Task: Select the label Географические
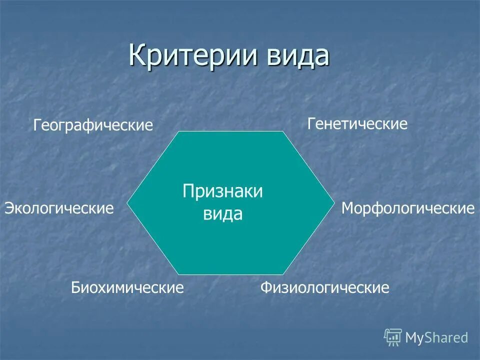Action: (93, 125)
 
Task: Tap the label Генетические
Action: (357, 123)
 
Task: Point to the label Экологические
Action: (59, 208)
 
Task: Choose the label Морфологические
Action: (407, 208)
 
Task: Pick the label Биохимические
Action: (127, 287)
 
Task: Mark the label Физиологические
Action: (324, 287)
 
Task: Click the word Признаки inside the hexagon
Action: (222, 191)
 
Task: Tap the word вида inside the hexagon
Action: (222, 214)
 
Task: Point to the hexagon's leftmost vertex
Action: (127, 203)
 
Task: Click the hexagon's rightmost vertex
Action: (334, 203)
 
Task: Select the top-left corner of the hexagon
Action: (179, 131)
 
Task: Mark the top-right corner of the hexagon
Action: (283, 131)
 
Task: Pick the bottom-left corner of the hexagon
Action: (179, 274)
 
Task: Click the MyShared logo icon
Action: (393, 337)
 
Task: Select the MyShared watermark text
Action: (436, 338)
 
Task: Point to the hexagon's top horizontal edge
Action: (231, 131)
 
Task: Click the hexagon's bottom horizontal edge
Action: (231, 274)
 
